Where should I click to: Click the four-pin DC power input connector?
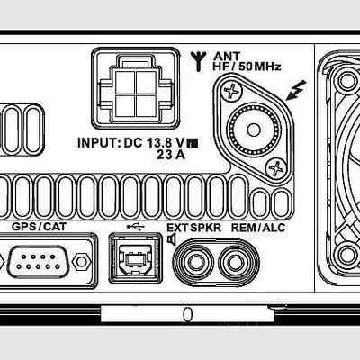click(x=136, y=89)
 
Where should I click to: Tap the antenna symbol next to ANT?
click(x=199, y=61)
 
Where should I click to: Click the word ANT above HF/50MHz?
click(x=227, y=56)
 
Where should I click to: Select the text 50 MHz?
click(x=260, y=67)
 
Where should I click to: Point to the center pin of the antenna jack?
click(x=254, y=130)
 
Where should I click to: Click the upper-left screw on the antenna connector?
click(x=232, y=91)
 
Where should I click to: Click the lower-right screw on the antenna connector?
click(x=275, y=168)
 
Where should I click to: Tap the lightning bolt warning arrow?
click(x=296, y=90)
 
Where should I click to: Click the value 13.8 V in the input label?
click(x=166, y=143)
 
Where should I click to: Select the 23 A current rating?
click(x=171, y=155)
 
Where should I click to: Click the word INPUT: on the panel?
click(x=99, y=143)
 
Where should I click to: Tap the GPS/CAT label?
click(x=39, y=227)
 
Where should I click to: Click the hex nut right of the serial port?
click(x=81, y=262)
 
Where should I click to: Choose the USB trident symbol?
click(x=136, y=227)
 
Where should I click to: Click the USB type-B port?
click(x=136, y=258)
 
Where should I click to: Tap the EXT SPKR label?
click(x=193, y=228)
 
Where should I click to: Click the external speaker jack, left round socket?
click(x=196, y=262)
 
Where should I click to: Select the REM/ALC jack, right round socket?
click(x=235, y=262)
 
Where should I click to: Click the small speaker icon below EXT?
click(x=171, y=240)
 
